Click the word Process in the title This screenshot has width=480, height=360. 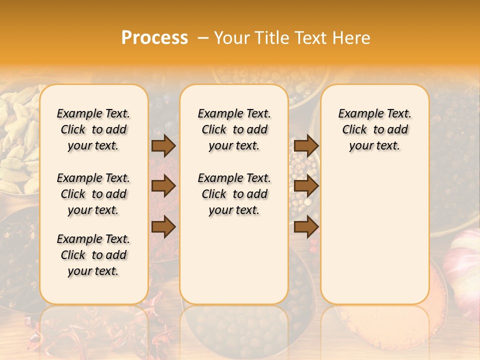[154, 37]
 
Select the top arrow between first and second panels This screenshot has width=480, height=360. [163, 145]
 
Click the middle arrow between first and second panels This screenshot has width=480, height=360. [163, 186]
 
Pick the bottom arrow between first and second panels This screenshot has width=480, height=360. [163, 226]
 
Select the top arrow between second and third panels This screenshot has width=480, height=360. [306, 145]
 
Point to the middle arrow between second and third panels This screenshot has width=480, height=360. [306, 186]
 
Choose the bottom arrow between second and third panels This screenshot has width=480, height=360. [306, 226]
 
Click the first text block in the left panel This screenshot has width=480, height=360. [93, 129]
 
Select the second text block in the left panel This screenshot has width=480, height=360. [93, 194]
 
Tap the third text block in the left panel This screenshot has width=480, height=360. [93, 255]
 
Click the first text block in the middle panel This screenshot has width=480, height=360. [234, 129]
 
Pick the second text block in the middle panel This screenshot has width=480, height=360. [234, 194]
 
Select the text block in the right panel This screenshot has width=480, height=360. [374, 129]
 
